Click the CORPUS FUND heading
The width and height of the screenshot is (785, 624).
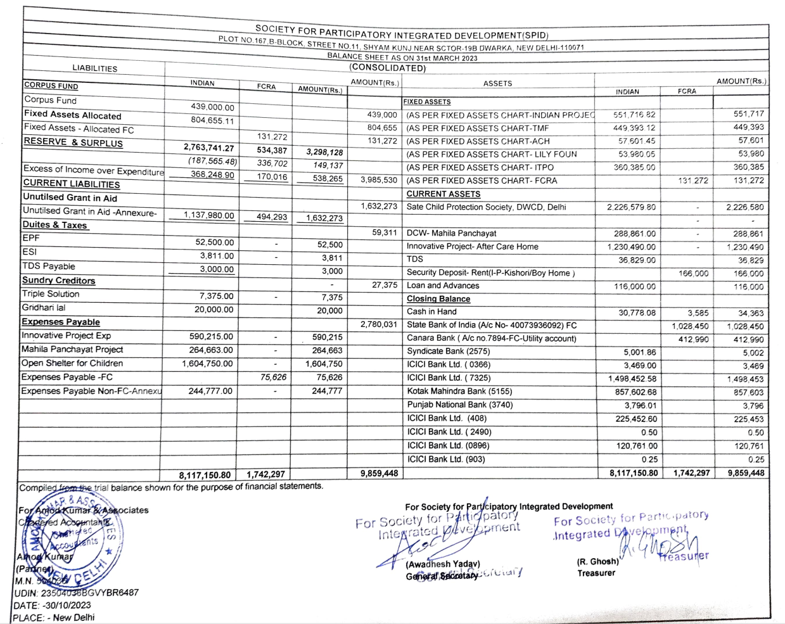click(51, 86)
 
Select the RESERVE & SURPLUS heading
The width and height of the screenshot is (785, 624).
click(73, 143)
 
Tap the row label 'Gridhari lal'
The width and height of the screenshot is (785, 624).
click(43, 307)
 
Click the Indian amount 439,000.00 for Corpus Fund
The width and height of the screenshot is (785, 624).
click(212, 107)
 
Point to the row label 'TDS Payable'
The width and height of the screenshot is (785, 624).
click(49, 266)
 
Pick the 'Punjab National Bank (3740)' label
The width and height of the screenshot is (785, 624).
click(460, 405)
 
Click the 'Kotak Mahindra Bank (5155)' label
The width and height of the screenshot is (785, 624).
click(459, 392)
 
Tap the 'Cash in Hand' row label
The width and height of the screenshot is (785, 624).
click(431, 312)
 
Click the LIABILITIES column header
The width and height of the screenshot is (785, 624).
click(94, 68)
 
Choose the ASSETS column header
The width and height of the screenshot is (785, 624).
click(497, 83)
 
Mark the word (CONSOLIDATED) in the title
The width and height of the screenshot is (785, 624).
click(387, 68)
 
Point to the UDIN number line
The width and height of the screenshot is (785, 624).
click(76, 593)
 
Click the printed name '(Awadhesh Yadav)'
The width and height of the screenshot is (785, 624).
click(443, 564)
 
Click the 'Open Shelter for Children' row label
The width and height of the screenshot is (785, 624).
click(72, 363)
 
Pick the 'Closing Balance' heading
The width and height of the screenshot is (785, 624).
click(438, 298)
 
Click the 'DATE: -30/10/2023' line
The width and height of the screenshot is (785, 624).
click(53, 605)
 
